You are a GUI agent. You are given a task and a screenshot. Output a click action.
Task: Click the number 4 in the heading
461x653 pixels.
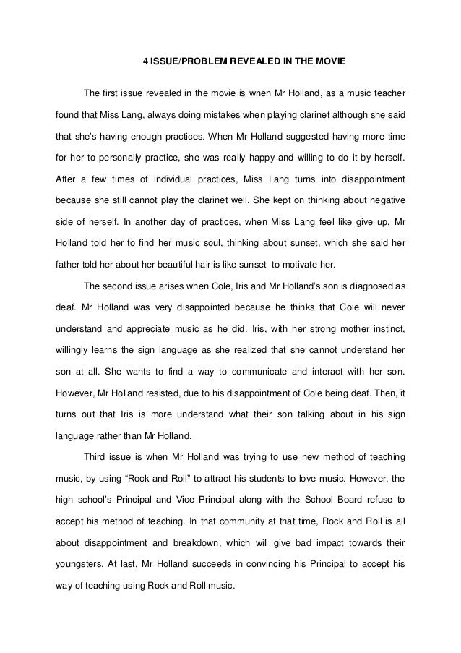click(x=145, y=62)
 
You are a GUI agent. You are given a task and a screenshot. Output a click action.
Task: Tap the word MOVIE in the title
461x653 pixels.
click(x=329, y=62)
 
